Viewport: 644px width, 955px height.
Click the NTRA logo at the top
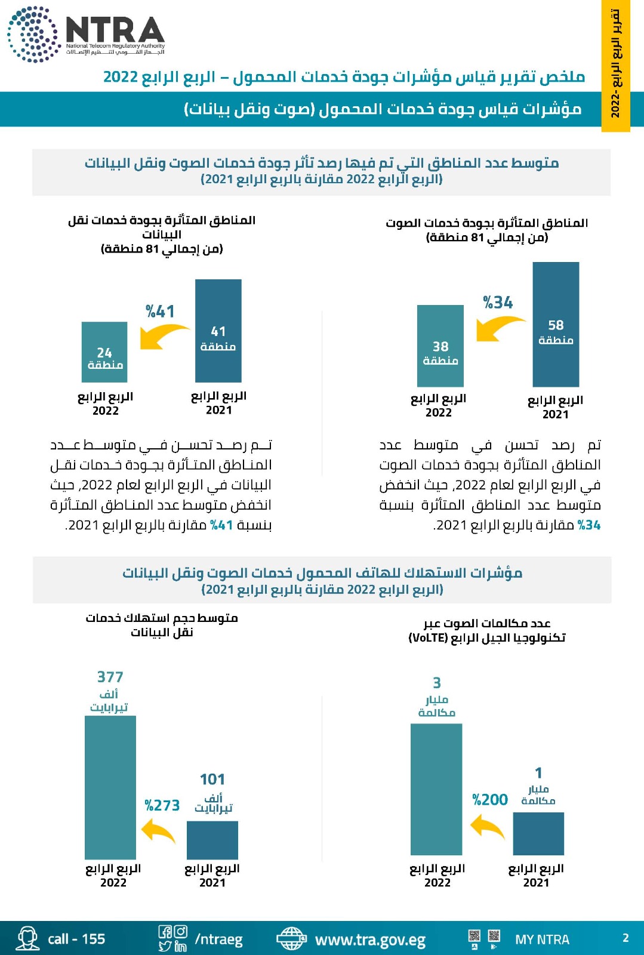coord(87,33)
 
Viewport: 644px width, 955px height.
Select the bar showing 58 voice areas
coord(556,324)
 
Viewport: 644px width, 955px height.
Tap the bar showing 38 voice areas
coord(440,346)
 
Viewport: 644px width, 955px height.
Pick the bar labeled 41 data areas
coord(218,331)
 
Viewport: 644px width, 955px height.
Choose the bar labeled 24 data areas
coord(104,352)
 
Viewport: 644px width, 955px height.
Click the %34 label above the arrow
coord(498,303)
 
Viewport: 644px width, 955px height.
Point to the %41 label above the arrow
coord(160,311)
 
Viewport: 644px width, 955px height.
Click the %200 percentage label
coord(490,800)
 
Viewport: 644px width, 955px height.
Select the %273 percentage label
coord(162,806)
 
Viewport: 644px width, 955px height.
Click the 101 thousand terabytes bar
coord(212,840)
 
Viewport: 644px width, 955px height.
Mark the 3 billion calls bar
coord(436,789)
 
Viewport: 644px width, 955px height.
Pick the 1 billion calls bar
coord(538,834)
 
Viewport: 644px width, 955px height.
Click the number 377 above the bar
coord(110,677)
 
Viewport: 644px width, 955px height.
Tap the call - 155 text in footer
coord(76,939)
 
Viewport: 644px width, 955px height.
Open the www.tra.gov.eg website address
coord(370,940)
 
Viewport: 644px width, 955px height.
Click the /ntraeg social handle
coord(218,939)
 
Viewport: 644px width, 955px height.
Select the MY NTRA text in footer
coord(542,939)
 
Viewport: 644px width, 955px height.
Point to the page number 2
coord(625,938)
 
